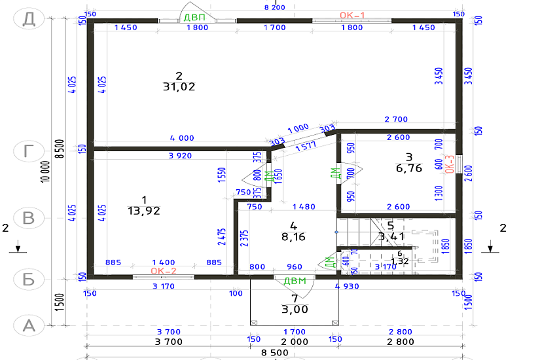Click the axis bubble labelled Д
(x=29, y=18)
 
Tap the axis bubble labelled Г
(x=29, y=151)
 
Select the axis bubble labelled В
(x=29, y=217)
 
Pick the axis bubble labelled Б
(x=29, y=279)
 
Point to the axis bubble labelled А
(x=29, y=325)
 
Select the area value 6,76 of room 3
(x=409, y=168)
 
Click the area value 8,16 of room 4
(x=293, y=237)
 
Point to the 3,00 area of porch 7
(x=294, y=309)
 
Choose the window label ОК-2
(x=164, y=271)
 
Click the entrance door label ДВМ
(x=295, y=281)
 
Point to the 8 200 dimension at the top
(x=274, y=7)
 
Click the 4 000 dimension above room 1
(x=182, y=138)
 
